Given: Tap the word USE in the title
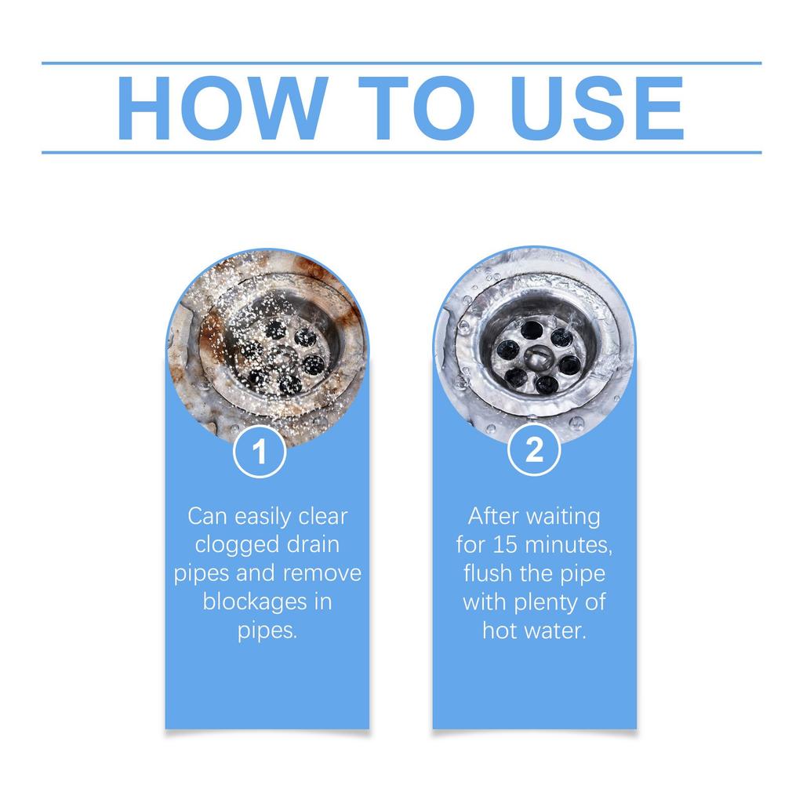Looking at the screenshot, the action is point(597,108).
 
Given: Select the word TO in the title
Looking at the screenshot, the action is point(416,108).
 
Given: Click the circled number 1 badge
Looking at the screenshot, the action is point(259,452).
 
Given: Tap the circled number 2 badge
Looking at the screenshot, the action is point(534,450).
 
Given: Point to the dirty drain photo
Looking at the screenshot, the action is point(267,348).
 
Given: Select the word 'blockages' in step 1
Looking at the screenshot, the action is point(254,603).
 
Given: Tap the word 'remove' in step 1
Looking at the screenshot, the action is point(322,573).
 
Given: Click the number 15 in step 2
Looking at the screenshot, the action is point(506,545).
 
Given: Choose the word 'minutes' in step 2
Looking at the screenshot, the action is point(569,546).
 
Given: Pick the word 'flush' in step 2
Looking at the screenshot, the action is point(488,573).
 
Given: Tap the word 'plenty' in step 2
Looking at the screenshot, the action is point(551,603).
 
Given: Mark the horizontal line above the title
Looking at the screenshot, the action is point(401,64).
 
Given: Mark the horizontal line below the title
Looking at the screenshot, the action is point(401,153).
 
